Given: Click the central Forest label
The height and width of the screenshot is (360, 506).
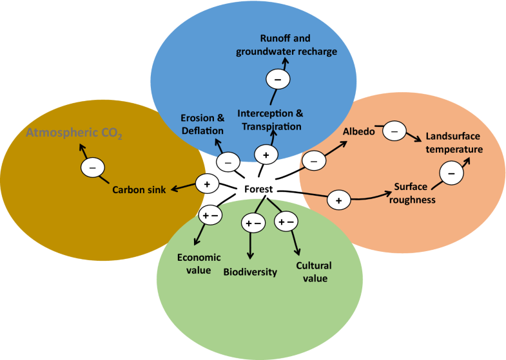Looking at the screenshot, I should click(258, 189).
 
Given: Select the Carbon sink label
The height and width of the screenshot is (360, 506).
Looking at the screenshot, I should click(139, 189).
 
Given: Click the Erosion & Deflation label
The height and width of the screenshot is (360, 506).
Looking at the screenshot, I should click(202, 124).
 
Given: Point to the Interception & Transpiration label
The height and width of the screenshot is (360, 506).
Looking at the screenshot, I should click(270, 120).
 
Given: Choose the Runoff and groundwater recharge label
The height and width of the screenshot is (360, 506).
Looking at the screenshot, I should click(286, 45).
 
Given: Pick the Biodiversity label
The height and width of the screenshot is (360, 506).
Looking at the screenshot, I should click(250, 271).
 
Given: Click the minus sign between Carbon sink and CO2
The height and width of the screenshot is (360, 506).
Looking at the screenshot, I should click(92, 168).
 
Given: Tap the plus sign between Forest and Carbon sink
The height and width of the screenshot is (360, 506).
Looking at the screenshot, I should click(207, 184).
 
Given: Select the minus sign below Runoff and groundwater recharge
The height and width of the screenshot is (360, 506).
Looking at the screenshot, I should click(278, 79).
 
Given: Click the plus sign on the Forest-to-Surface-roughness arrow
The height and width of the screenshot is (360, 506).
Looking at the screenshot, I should click(339, 200).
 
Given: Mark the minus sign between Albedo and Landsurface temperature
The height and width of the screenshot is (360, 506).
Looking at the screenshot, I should click(394, 131).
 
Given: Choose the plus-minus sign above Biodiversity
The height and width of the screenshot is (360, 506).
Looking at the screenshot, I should click(252, 223).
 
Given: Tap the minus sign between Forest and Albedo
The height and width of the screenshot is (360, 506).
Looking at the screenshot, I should click(313, 161).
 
